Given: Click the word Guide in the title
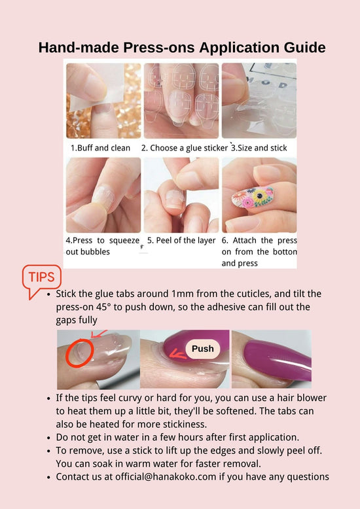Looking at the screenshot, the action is click(x=304, y=47).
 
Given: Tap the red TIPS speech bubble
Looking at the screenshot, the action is click(x=41, y=278).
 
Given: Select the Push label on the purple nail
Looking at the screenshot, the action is click(x=203, y=349).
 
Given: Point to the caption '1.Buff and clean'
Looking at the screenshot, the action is click(x=100, y=148).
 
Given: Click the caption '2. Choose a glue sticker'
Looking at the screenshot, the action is click(x=184, y=148).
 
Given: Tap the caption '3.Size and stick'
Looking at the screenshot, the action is click(x=259, y=148).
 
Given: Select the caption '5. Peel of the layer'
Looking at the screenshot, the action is click(x=181, y=241).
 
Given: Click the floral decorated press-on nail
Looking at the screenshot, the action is click(x=253, y=198).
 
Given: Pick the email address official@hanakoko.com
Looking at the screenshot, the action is click(x=166, y=476).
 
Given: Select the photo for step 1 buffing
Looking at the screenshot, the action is click(x=103, y=101).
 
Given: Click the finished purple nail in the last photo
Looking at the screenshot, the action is click(x=277, y=360).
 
